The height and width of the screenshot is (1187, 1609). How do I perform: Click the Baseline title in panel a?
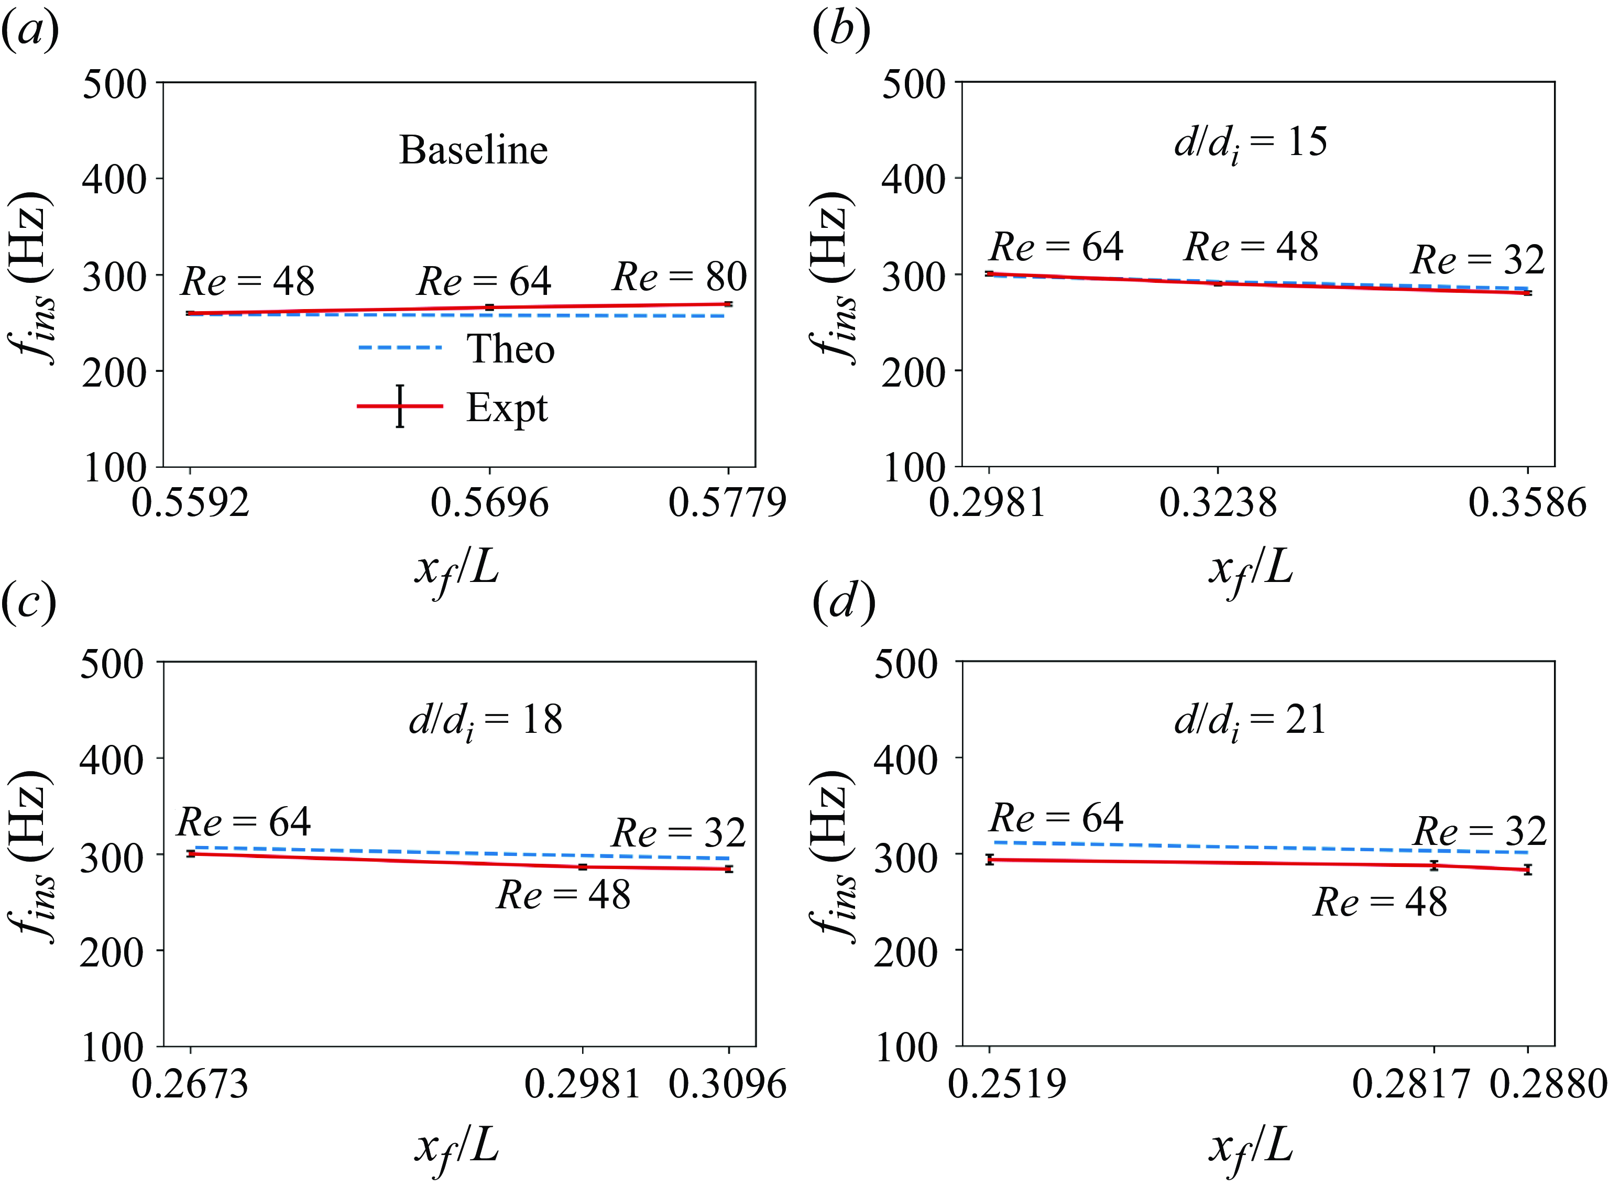[474, 150]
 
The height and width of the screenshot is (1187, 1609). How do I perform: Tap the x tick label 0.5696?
[489, 502]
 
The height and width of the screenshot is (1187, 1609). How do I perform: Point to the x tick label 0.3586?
[1527, 502]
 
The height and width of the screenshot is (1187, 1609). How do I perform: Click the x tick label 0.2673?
[190, 1083]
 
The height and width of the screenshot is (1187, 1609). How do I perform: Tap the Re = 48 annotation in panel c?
[563, 895]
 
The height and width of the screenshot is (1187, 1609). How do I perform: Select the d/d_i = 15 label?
[1251, 143]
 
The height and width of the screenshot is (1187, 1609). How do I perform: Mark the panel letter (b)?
[841, 31]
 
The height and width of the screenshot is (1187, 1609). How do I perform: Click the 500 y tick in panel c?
[112, 664]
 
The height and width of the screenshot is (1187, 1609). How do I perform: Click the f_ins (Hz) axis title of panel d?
[834, 855]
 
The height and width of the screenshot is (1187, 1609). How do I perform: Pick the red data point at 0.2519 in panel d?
[990, 860]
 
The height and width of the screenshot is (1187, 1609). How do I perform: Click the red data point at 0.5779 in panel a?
[729, 304]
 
